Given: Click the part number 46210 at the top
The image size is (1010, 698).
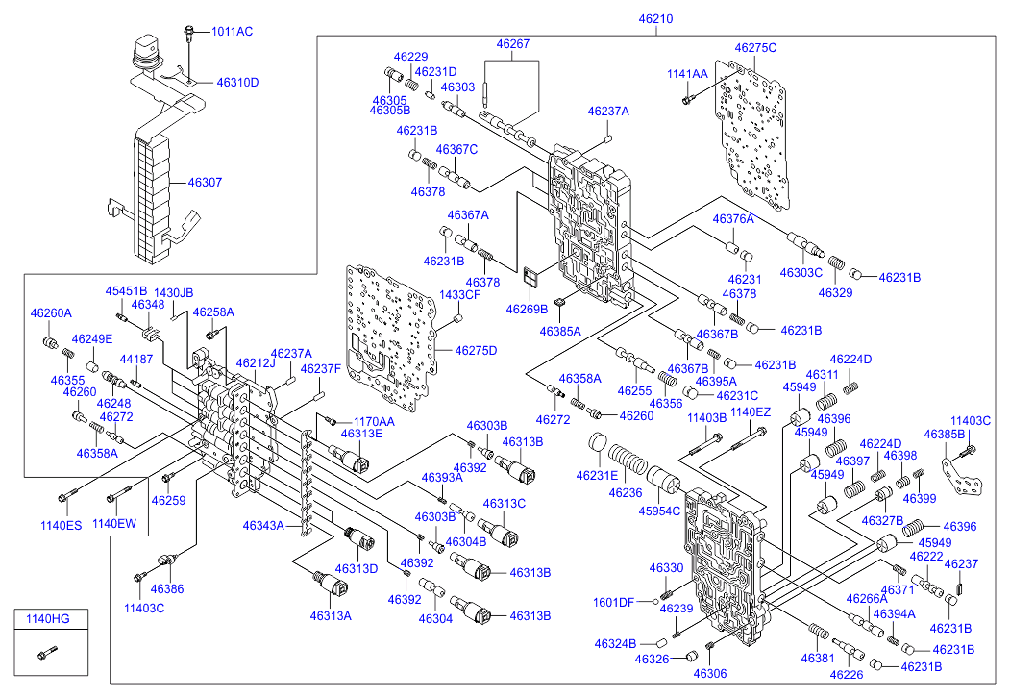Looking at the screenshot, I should pos(657,18).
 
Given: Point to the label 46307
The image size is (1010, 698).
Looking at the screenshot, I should pos(205,181).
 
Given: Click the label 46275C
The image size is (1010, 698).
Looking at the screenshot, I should pos(755,47).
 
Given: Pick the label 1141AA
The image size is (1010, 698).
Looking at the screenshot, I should pos(687,73).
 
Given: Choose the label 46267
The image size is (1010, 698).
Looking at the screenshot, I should pos(513,43).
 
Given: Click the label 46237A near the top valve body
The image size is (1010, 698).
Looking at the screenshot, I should pos(608,112).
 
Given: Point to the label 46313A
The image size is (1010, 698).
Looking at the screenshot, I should pos(331,615).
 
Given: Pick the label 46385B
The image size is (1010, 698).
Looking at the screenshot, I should pos(944,435).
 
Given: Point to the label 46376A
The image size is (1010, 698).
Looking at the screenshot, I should pos(733,219).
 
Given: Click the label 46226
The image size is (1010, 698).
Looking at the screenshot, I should pos(847,674).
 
